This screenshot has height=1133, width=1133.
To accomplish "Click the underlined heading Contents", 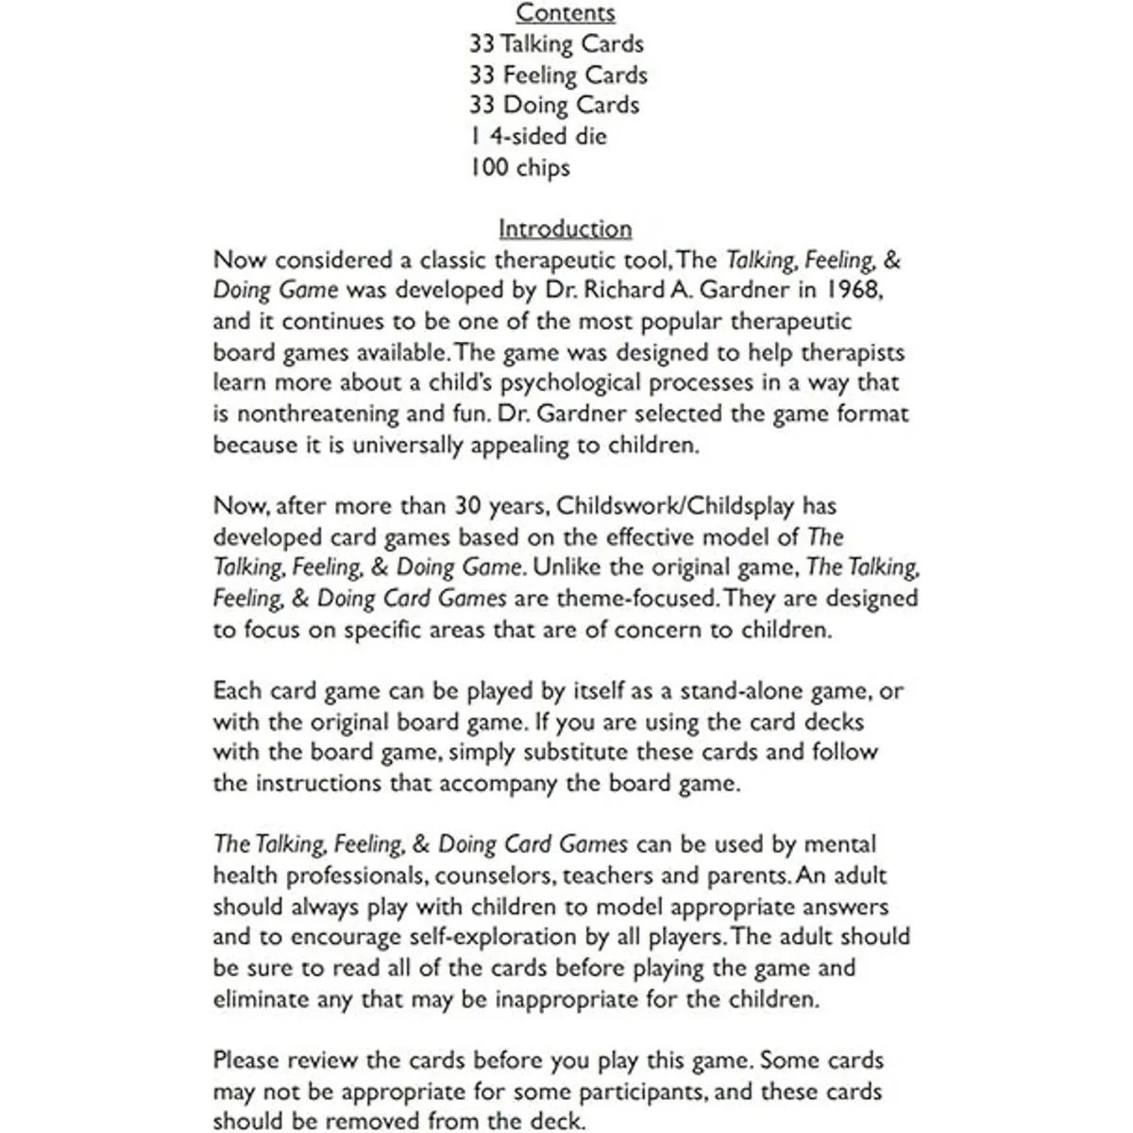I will (x=566, y=13).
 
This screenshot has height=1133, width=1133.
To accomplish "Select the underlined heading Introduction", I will (x=565, y=229).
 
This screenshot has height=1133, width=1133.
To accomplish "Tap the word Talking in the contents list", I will (x=536, y=44).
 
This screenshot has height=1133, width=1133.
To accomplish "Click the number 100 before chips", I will (x=488, y=168).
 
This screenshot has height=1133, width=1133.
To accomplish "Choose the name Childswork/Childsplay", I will (x=677, y=506).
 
